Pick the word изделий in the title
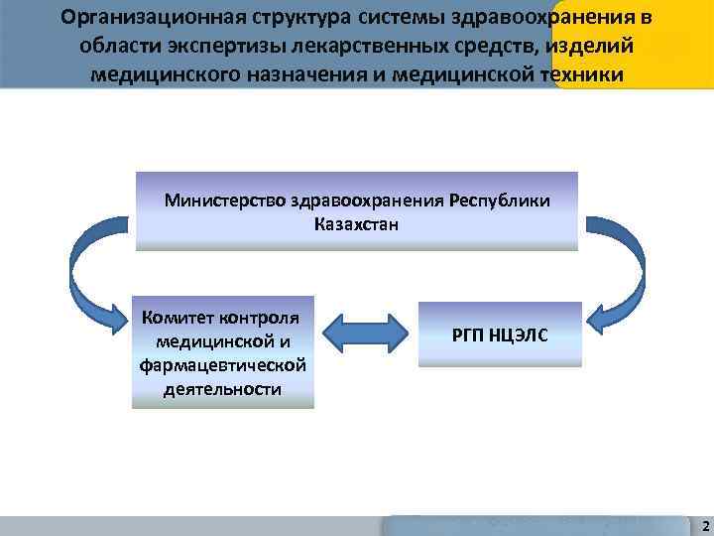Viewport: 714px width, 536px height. pos(596,47)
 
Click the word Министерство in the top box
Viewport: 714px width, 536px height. pos(226,201)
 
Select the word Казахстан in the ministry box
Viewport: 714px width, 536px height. pos(356,223)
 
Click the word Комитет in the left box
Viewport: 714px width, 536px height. pos(179,319)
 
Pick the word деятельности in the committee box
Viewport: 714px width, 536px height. pos(222,388)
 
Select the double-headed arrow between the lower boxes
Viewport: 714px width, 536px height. pos(367,335)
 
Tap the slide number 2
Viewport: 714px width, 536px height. pos(703,524)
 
